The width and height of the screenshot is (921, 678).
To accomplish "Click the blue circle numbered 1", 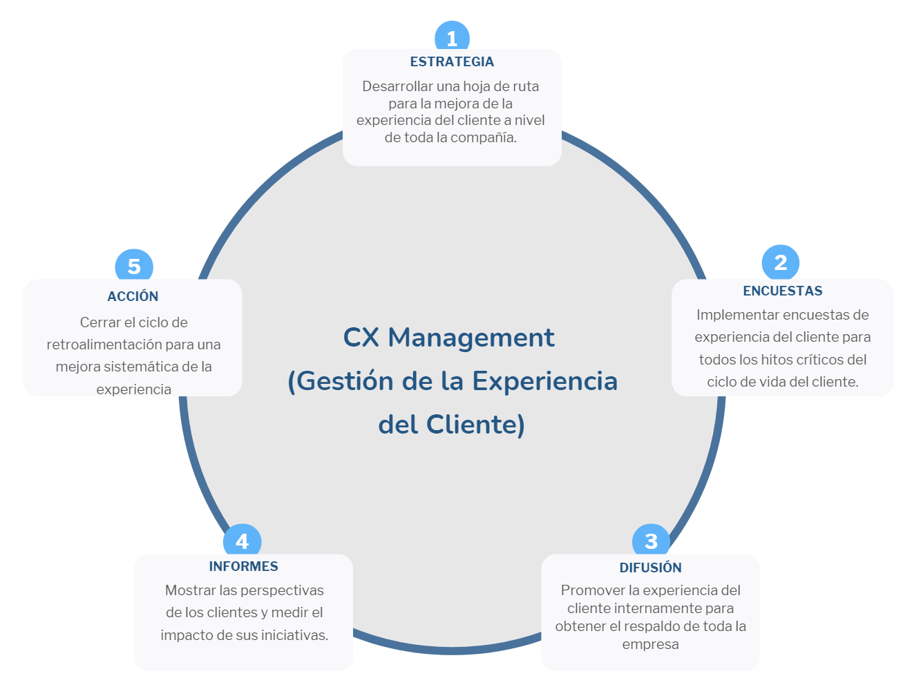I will point(452,37).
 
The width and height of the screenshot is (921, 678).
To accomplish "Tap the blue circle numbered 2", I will point(780,262).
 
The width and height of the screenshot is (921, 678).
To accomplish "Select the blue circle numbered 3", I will point(651,541).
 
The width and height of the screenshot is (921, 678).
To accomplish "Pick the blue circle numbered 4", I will point(242,541).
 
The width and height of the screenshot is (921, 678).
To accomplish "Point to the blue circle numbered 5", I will point(134,267).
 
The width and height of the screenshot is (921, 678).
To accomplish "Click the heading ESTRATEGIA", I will point(452,62).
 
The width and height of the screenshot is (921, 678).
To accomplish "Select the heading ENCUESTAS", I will point(782,291).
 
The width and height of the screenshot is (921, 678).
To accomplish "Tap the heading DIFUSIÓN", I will point(650,568).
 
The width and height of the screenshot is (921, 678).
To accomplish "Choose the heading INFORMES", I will point(243,566).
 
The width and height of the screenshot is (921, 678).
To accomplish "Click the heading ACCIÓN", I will point(133,296).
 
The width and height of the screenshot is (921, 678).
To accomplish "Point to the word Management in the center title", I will point(471,338).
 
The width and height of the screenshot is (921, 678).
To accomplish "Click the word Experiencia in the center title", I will point(544,381).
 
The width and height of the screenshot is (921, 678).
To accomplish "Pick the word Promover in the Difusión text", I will point(592,590).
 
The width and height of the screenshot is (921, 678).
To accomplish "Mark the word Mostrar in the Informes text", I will point(191,590).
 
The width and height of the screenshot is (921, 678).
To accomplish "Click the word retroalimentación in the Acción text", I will point(104,345).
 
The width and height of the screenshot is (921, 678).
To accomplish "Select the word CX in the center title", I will point(361,338).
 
